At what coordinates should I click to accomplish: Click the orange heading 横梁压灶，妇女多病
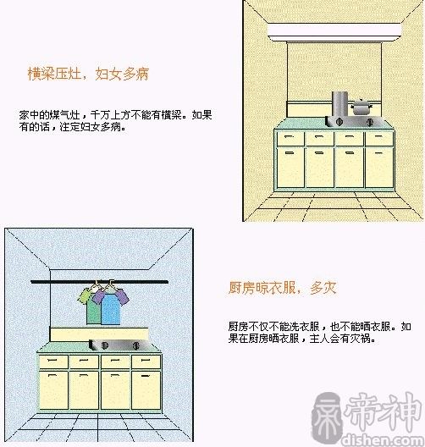(x=88, y=74)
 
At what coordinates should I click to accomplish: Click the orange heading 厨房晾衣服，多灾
(x=282, y=288)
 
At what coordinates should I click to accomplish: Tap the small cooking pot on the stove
(x=362, y=107)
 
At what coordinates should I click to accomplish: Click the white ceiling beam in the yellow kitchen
(x=334, y=32)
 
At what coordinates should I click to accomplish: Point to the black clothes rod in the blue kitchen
(x=99, y=282)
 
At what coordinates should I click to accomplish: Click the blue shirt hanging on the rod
(x=111, y=308)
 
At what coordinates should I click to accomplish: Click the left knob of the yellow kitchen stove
(x=339, y=122)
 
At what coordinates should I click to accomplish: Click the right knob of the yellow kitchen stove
(x=370, y=122)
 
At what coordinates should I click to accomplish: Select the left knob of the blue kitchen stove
(x=104, y=345)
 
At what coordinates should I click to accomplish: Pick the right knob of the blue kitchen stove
(x=136, y=345)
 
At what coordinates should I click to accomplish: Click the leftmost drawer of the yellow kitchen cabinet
(x=290, y=139)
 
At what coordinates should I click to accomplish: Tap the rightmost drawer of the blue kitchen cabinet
(x=146, y=361)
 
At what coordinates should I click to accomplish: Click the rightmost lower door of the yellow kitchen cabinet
(x=379, y=168)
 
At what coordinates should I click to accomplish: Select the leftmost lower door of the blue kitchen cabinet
(x=53, y=390)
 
